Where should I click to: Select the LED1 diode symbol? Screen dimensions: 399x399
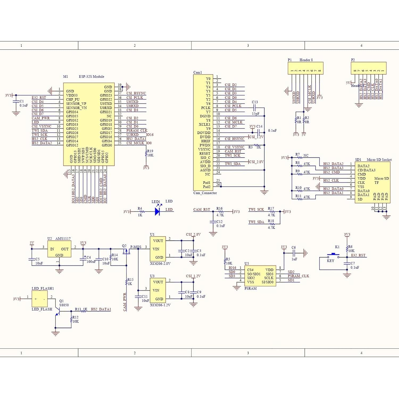point(157,212)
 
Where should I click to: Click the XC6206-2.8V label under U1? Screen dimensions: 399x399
point(160,264)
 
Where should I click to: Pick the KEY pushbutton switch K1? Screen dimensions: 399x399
point(333,255)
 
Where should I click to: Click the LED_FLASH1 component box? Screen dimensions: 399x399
point(40,299)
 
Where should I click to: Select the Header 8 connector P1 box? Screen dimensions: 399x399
point(305,68)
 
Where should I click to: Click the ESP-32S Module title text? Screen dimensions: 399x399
point(92,77)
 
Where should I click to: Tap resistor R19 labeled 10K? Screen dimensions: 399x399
point(146,153)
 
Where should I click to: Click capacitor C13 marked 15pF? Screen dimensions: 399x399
point(255,108)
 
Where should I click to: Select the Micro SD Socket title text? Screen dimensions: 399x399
point(379,160)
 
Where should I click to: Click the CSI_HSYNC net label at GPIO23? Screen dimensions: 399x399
point(136,93)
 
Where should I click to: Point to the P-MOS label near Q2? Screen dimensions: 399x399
point(135,247)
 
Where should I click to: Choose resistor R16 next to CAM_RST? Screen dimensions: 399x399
point(220,212)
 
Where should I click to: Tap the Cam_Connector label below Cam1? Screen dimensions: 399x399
point(205,193)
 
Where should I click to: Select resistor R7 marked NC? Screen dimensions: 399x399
point(300,158)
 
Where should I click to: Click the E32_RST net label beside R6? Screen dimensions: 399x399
point(358,255)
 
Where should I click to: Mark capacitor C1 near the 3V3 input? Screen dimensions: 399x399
point(16,103)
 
